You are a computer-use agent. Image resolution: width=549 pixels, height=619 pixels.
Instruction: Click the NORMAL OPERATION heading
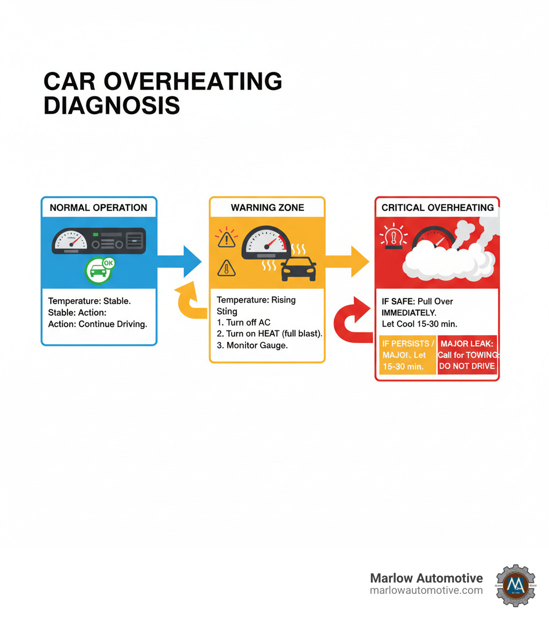(x=99, y=208)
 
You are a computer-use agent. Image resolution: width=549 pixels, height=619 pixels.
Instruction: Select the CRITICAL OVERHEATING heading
(x=437, y=208)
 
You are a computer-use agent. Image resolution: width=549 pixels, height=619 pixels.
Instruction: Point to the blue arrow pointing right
(x=182, y=261)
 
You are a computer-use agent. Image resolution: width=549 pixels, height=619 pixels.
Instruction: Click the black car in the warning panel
(x=298, y=268)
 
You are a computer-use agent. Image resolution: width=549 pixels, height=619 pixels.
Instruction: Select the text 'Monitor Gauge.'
(x=257, y=345)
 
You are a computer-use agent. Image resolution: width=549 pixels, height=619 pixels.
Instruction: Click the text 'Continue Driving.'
(x=113, y=324)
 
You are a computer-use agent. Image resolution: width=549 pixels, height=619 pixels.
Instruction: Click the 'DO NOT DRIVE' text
(x=467, y=366)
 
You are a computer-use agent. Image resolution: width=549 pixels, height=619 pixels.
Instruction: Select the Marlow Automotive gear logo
(x=515, y=585)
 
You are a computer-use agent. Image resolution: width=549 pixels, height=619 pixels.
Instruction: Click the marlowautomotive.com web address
(x=426, y=591)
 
